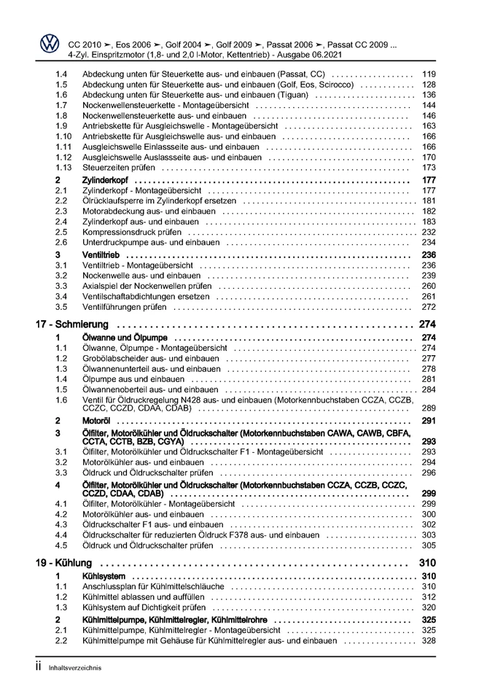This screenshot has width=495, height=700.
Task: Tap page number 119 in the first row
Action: click(x=429, y=74)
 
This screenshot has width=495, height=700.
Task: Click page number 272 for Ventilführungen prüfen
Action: click(x=429, y=307)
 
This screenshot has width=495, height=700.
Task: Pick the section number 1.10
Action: click(x=63, y=136)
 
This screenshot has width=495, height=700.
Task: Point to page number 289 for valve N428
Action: click(x=429, y=409)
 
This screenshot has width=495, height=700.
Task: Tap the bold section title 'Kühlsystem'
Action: click(x=104, y=576)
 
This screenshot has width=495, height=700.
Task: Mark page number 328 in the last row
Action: click(x=429, y=641)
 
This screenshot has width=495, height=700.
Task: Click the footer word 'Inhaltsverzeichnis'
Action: click(x=76, y=667)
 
